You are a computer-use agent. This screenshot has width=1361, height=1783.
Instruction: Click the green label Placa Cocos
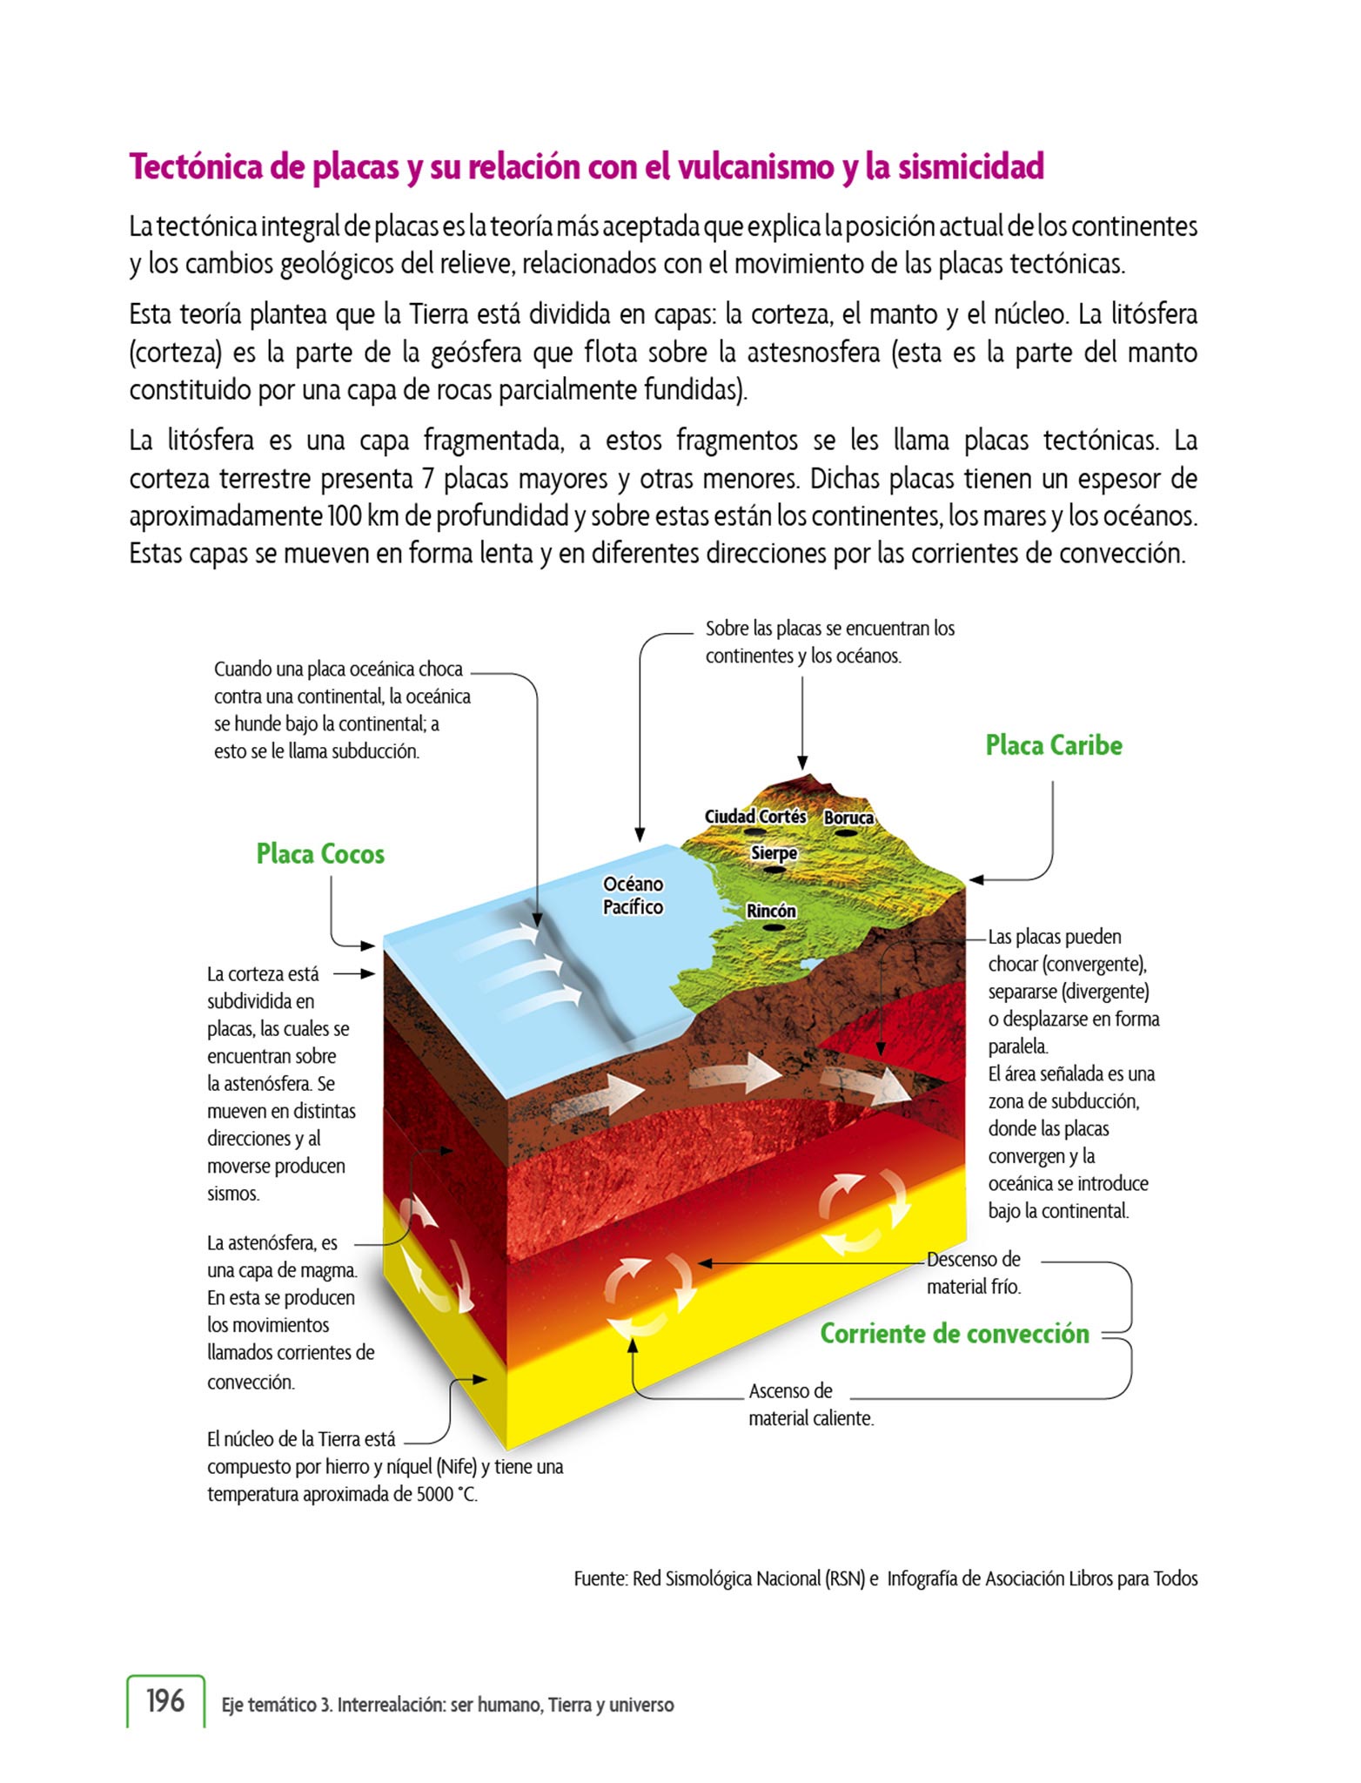point(320,854)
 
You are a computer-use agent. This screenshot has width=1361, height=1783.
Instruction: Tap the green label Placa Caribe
point(1053,745)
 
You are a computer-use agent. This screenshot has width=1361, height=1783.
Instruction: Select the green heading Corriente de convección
point(955,1334)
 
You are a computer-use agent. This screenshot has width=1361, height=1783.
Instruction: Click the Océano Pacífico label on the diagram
point(633,896)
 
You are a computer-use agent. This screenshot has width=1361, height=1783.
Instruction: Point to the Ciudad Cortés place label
point(754,817)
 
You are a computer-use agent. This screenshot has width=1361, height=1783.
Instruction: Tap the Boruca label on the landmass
point(848,817)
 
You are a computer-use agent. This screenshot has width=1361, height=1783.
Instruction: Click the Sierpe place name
point(774,853)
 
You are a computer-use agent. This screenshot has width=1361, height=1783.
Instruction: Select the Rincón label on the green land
point(771,911)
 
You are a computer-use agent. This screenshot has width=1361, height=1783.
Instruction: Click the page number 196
point(165,1700)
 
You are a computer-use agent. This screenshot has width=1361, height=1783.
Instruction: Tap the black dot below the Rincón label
point(771,927)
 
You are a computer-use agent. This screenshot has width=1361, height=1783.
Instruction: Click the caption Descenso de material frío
point(973,1272)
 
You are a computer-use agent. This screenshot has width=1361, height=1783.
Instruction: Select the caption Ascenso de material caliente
point(810,1404)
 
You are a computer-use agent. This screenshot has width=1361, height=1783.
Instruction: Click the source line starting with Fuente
point(885,1578)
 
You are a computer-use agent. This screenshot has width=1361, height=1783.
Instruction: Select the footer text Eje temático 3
point(277,1705)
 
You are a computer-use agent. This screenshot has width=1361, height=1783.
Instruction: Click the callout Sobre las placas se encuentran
point(829,642)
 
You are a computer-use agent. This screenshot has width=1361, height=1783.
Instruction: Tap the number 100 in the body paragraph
point(345,516)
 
